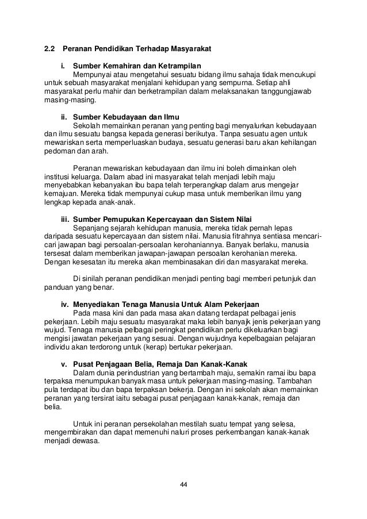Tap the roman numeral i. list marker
(64, 65)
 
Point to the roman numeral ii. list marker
(64, 116)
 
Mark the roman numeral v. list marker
(64, 363)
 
